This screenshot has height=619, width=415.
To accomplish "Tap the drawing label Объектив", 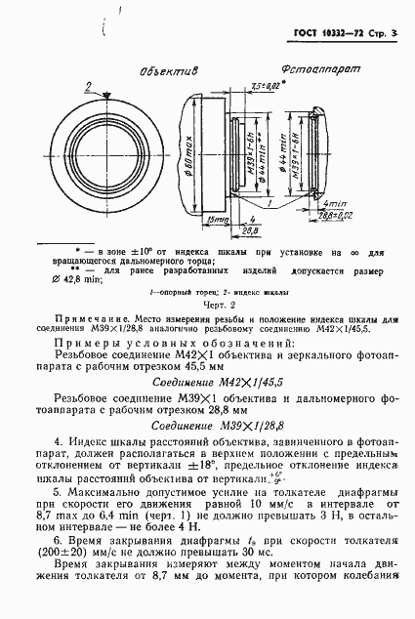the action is (x=167, y=71).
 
